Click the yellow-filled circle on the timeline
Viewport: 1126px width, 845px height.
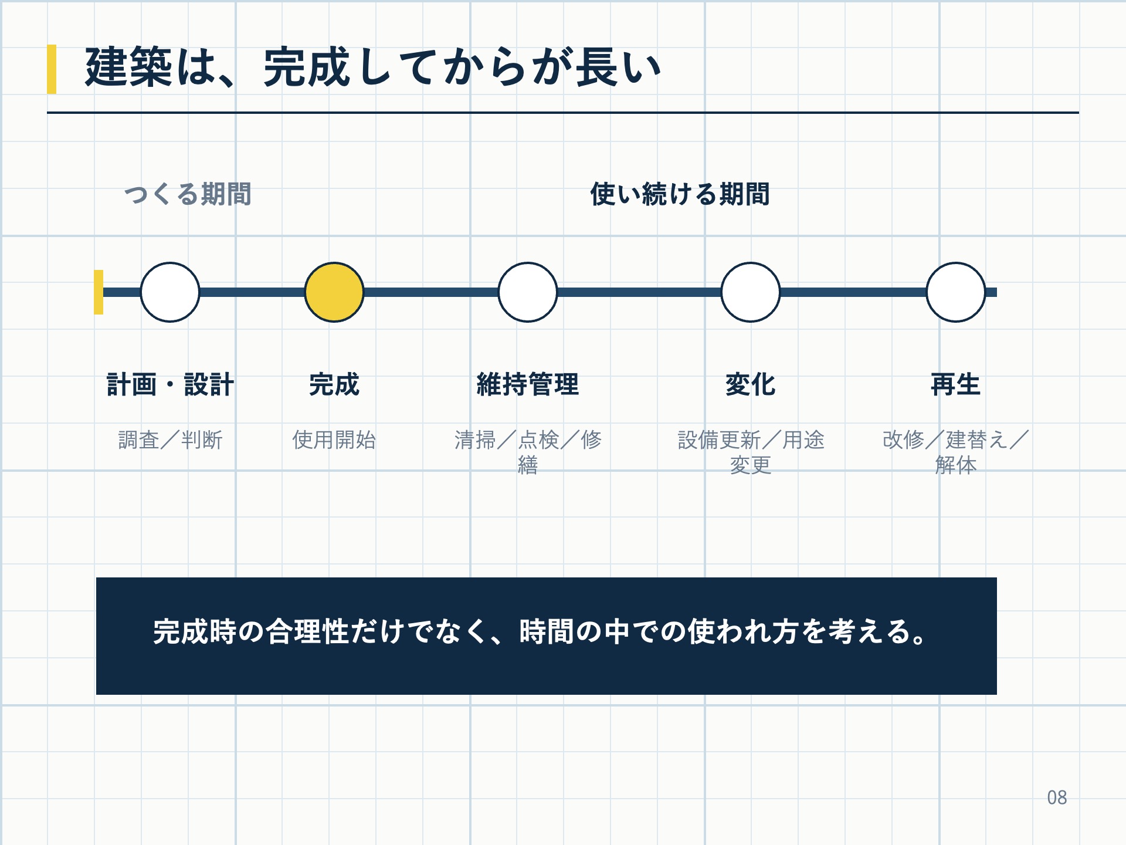(x=334, y=292)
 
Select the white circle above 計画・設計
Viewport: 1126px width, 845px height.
(x=170, y=292)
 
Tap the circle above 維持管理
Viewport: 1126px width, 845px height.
(x=528, y=292)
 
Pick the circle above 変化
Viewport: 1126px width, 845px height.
(x=751, y=292)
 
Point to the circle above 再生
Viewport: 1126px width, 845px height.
(x=956, y=292)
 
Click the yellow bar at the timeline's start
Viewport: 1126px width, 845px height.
(x=99, y=292)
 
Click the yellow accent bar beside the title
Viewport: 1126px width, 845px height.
(x=52, y=69)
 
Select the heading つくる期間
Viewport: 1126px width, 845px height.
(x=188, y=194)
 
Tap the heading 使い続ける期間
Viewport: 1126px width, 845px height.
(x=680, y=194)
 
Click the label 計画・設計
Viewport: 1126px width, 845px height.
(x=170, y=385)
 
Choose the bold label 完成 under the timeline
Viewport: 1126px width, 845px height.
(x=334, y=385)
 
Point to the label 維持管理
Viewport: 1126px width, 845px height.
(x=528, y=385)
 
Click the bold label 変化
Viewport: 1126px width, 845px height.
(x=751, y=385)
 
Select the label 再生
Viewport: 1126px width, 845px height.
(x=956, y=385)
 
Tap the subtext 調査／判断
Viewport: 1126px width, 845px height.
(x=170, y=440)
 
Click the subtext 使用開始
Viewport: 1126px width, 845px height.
(x=334, y=440)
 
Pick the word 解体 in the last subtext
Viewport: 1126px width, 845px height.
(x=956, y=465)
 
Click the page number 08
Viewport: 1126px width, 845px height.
(x=1057, y=797)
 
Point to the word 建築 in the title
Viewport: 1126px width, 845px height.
(x=128, y=67)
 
